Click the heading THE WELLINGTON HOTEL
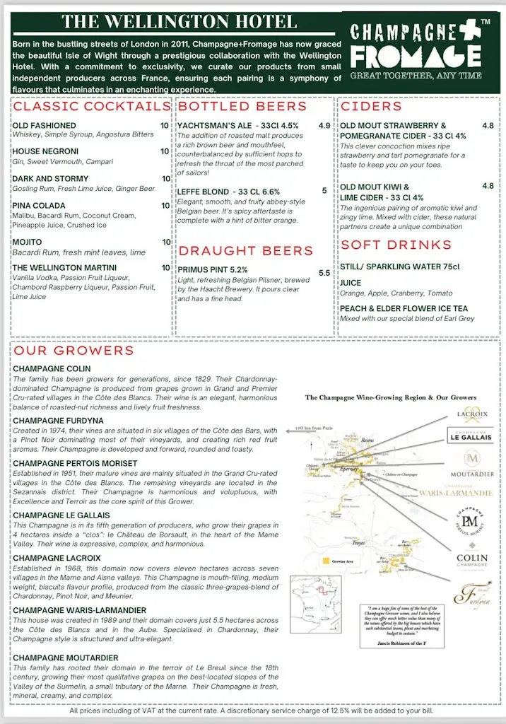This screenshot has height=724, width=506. pyautogui.click(x=180, y=21)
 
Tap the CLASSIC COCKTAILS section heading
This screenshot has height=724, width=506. pyautogui.click(x=92, y=107)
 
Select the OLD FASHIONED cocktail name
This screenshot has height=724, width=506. pyautogui.click(x=44, y=125)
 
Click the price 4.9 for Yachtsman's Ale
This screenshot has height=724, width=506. pyautogui.click(x=324, y=125)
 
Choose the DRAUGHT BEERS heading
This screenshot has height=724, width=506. pyautogui.click(x=245, y=251)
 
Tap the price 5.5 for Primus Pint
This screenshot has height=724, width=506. pyautogui.click(x=324, y=273)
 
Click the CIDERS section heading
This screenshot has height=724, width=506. pyautogui.click(x=371, y=107)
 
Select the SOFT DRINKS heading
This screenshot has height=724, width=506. pyautogui.click(x=396, y=245)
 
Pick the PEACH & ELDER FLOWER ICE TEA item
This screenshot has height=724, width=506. pyautogui.click(x=404, y=308)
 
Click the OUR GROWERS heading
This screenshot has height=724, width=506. pyautogui.click(x=73, y=351)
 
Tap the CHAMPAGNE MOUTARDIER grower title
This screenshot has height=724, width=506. pyautogui.click(x=66, y=658)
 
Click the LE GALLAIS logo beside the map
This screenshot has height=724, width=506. pyautogui.click(x=470, y=436)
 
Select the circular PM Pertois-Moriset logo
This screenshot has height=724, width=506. pyautogui.click(x=470, y=523)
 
